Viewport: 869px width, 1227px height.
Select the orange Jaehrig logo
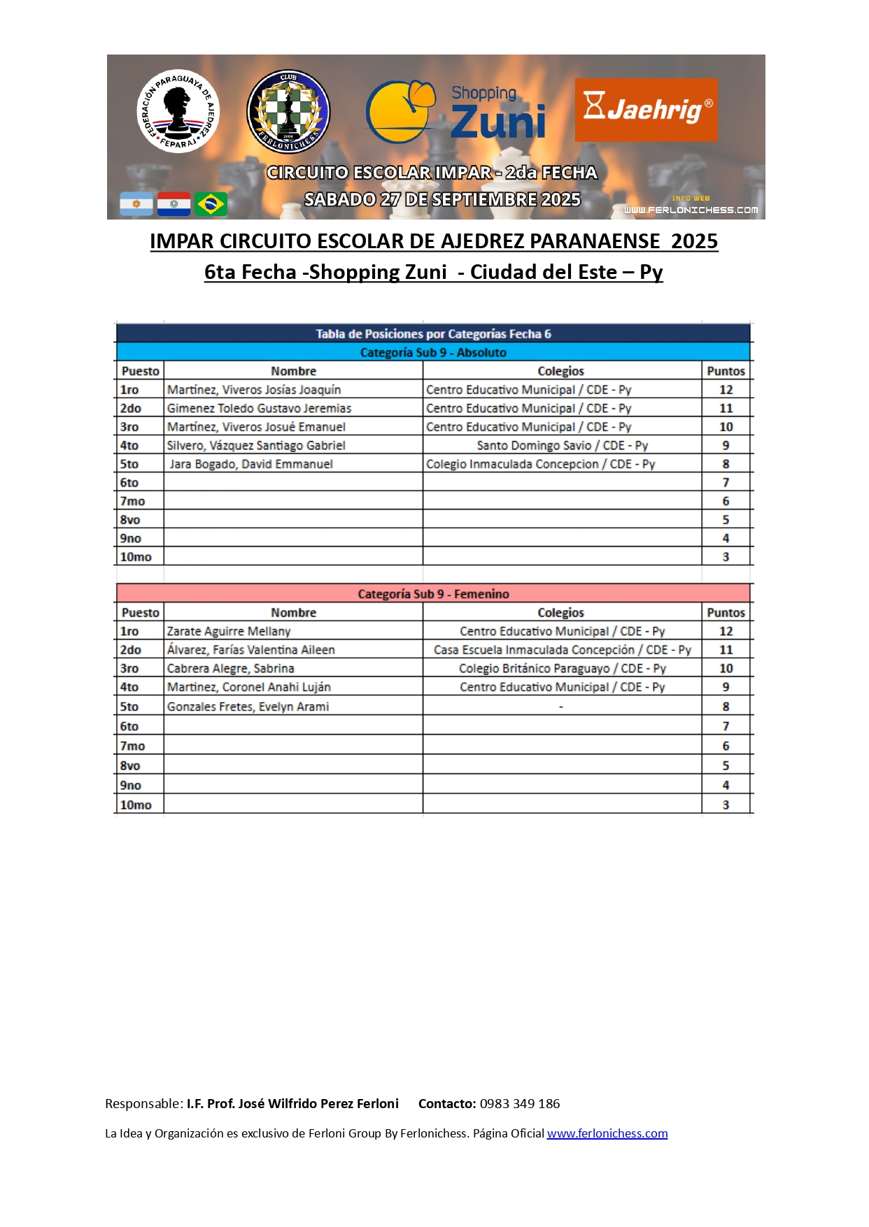coord(646,110)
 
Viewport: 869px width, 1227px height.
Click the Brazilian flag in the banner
coord(211,204)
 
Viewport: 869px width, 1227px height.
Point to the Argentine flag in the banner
coord(136,204)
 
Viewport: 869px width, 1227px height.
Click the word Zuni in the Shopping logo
coord(497,122)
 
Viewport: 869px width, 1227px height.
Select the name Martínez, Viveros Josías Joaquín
coord(254,389)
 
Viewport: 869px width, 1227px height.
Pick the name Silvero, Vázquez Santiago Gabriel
coord(256,445)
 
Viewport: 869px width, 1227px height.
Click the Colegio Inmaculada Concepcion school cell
coord(540,464)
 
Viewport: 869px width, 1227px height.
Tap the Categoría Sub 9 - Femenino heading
coord(433,594)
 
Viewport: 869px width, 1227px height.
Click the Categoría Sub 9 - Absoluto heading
coord(433,352)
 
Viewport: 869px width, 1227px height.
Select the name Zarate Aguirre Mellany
coord(229,631)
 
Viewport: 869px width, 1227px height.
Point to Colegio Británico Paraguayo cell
coord(562,668)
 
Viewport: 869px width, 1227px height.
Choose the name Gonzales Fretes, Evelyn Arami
coord(248,707)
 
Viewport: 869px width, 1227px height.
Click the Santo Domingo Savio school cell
coord(562,445)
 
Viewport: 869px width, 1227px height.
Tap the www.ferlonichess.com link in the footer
coord(607,1133)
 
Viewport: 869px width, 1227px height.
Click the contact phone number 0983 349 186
coord(519,1104)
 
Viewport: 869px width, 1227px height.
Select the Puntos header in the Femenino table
coord(726,612)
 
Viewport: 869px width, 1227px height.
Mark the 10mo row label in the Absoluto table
coord(136,557)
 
